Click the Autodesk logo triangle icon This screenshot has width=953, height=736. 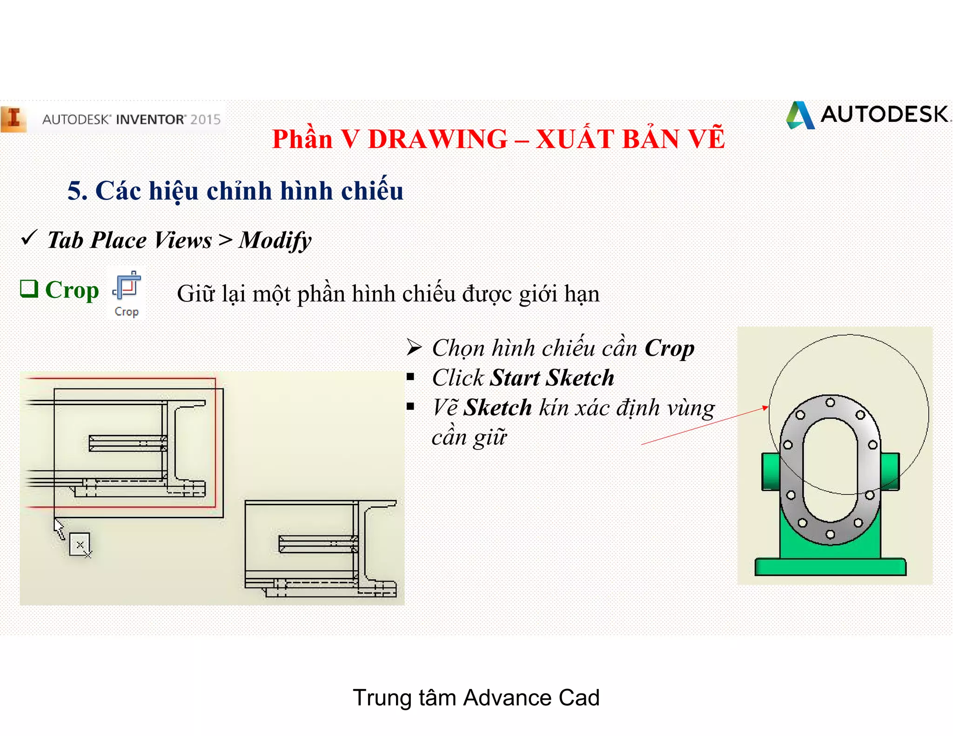800,115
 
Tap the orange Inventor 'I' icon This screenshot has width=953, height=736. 14,119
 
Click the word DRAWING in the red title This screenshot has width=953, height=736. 437,139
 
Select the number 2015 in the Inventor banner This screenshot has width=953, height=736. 205,120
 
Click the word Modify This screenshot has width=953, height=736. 275,241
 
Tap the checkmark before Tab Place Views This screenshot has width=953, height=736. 29,238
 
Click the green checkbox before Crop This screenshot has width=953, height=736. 29,288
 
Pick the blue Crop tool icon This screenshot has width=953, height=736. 127,286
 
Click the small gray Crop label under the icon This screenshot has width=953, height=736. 127,312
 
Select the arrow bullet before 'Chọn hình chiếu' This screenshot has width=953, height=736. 414,348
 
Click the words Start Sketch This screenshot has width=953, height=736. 552,378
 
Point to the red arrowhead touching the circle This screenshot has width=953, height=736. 765,408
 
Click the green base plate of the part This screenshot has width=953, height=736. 830,567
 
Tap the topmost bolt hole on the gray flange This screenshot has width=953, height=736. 830,402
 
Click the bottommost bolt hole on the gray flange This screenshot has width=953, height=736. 830,534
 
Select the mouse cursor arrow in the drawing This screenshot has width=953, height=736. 59,529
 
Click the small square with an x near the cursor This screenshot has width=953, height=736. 80,544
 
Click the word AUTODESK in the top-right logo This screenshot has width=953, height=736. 884,114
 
